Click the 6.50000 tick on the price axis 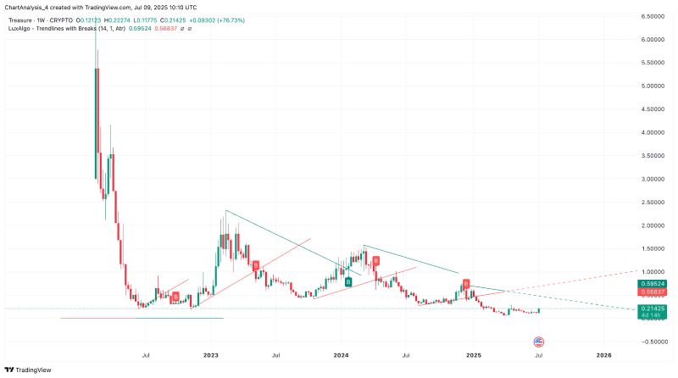point(653,16)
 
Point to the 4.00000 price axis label point(653,132)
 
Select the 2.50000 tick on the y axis point(653,203)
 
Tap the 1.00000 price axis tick point(653,272)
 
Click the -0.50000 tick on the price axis point(653,342)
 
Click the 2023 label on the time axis point(211,354)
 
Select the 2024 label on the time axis point(342,354)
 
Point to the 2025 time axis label point(473,354)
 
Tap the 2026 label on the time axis point(603,354)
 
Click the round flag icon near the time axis point(537,341)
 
